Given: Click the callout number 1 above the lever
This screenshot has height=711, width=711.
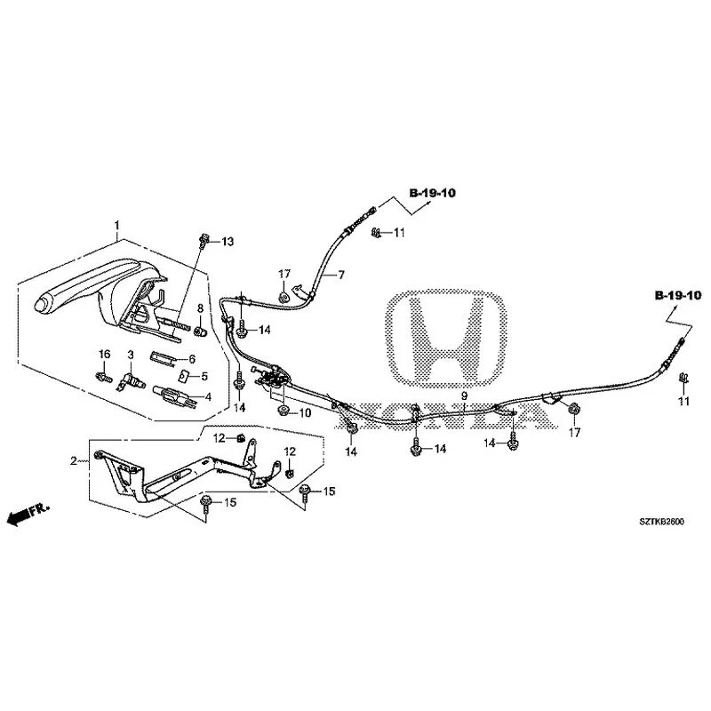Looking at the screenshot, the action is [117, 225].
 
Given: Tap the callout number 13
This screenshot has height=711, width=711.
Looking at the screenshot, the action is [228, 242].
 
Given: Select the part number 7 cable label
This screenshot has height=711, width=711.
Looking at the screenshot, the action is [341, 275].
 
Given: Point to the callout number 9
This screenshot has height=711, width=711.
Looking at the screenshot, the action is [464, 395].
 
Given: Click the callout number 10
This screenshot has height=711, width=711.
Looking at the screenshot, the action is [305, 413].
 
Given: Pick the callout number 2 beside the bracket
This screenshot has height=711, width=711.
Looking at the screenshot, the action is [74, 461].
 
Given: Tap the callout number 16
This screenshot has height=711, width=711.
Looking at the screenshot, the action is [105, 354].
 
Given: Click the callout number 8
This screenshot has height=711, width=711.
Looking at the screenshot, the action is [200, 308].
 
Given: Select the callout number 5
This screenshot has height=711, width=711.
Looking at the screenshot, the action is [204, 376].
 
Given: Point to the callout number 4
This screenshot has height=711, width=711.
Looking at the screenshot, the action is [208, 397].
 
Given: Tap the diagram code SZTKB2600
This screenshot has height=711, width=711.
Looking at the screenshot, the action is [661, 522].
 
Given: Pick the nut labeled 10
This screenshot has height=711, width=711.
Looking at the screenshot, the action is [282, 411].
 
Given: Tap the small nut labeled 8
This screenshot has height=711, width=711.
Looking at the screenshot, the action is [199, 332].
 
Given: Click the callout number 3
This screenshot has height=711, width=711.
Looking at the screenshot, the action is [131, 354].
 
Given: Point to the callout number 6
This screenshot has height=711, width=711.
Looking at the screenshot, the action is [192, 359].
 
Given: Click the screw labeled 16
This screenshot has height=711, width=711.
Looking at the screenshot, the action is [104, 377].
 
